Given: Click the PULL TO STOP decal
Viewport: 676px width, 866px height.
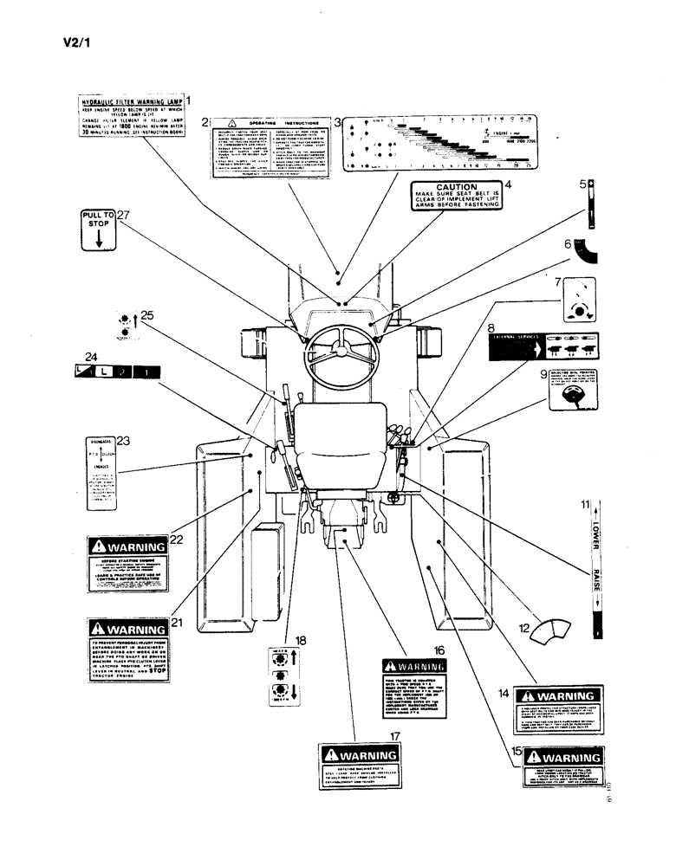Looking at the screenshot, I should pyautogui.click(x=98, y=229).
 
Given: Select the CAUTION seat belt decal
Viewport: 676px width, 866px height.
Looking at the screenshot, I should pyautogui.click(x=455, y=197).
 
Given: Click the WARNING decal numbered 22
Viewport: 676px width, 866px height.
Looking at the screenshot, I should pyautogui.click(x=127, y=563).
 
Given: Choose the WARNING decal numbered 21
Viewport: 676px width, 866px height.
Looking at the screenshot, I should pyautogui.click(x=127, y=649).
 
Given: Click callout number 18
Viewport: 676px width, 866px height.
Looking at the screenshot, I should pyautogui.click(x=301, y=640).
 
